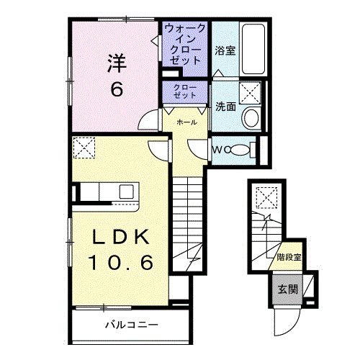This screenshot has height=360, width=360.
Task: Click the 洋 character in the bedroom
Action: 117,63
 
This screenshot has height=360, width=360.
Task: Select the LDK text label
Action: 120,237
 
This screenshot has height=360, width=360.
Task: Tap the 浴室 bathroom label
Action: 225,51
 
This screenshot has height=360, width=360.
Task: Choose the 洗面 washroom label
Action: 225,107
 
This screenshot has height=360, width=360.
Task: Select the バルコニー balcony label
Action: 130,325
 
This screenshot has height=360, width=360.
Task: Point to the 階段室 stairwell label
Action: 289,256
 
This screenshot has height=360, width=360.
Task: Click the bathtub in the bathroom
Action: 253,48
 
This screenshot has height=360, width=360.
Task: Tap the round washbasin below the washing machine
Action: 251,118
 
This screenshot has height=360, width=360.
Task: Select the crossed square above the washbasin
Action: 251,93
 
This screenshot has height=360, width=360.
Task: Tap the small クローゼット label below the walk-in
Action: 185,91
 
